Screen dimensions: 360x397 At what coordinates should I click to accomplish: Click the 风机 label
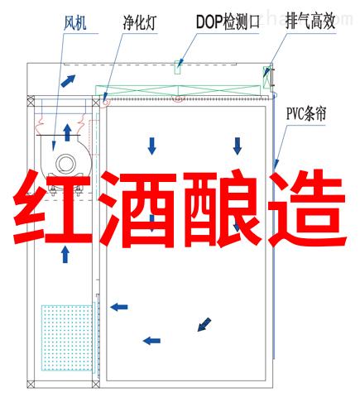coord(74,22)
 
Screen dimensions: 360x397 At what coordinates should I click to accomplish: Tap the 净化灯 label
coord(140,22)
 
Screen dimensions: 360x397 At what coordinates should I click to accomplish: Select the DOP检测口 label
coord(228,22)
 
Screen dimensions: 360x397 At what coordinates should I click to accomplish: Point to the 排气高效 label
coord(310,22)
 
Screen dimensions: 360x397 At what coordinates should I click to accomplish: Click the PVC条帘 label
coord(306,113)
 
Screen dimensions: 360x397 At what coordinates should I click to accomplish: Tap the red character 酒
coord(138,208)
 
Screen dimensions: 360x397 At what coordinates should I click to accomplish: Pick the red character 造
coord(308,208)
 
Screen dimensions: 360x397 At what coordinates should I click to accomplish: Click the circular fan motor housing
coord(66,164)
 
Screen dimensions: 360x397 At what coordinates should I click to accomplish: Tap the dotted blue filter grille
coord(67,337)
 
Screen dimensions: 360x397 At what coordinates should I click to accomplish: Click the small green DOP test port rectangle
coord(178,68)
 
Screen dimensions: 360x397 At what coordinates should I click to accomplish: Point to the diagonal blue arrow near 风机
coord(68,80)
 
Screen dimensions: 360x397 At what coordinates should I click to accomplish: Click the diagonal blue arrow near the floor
coord(204,324)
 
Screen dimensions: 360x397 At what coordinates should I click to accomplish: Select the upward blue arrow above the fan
coord(67,132)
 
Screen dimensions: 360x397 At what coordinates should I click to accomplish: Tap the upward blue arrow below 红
coord(65,254)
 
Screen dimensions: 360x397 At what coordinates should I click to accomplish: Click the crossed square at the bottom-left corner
coord(31,384)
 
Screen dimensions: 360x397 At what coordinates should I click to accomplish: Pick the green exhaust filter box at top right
coord(266,77)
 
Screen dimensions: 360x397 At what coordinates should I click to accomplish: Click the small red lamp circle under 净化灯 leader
coord(105,102)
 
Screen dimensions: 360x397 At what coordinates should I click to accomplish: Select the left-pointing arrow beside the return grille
coord(119,307)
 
